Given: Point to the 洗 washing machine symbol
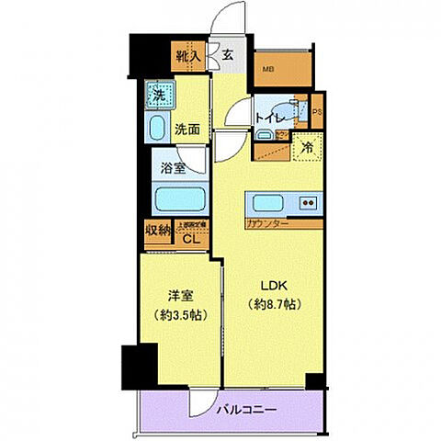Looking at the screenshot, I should [x=158, y=94].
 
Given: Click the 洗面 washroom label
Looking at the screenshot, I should [x=187, y=130].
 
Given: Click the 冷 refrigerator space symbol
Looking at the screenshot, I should [x=305, y=144].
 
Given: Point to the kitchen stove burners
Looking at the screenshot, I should [x=308, y=203].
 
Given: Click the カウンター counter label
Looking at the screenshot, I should [x=267, y=223].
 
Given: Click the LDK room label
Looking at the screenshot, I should [x=275, y=284].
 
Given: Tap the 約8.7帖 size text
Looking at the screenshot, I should [x=275, y=304].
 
